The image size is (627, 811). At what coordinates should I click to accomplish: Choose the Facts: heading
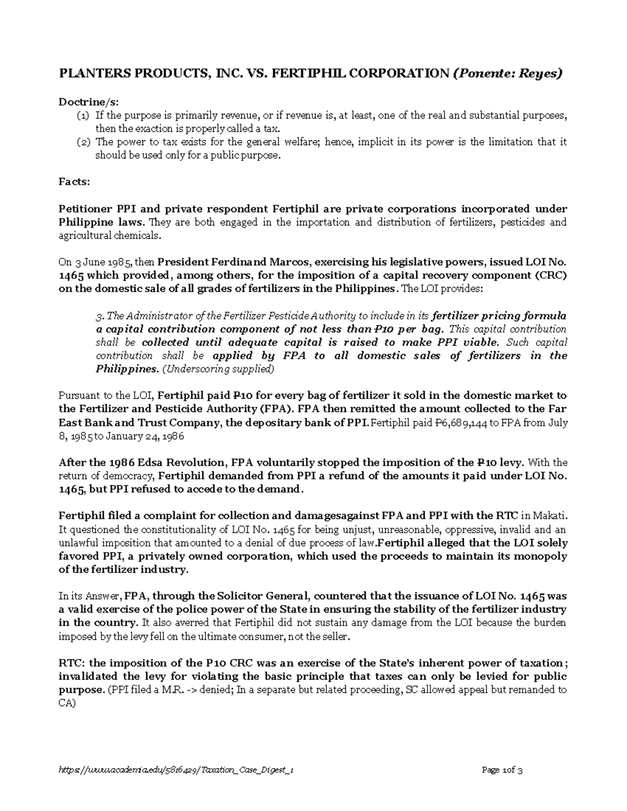pos(74,182)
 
